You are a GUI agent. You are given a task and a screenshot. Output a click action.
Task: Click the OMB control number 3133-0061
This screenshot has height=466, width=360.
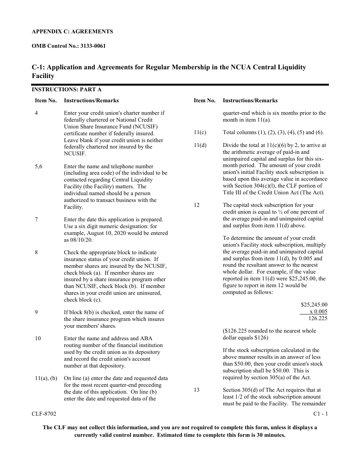point(92,46)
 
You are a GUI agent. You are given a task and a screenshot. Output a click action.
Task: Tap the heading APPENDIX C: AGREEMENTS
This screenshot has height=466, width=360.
point(72,31)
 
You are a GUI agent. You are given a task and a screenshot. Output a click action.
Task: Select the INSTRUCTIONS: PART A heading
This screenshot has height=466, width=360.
point(66,90)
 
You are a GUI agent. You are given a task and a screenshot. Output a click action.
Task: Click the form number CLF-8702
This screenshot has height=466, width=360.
point(44,414)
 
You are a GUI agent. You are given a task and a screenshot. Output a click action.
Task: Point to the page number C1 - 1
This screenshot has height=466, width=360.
point(321,414)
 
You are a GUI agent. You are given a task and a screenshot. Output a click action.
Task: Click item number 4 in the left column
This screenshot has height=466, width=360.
point(36,113)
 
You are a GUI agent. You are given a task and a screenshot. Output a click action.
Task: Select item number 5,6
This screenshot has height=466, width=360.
point(38,166)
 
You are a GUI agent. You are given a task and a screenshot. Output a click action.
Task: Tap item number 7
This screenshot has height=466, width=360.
point(36,219)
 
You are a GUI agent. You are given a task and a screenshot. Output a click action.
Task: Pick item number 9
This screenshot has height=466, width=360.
point(36,312)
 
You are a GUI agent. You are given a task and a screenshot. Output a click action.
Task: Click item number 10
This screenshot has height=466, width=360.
point(38,338)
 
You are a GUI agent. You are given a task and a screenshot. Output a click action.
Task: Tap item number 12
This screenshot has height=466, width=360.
point(196,205)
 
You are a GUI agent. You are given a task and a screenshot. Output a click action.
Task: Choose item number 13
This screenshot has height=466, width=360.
point(196,390)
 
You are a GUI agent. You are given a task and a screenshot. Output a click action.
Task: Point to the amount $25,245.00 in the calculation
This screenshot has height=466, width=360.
point(314,305)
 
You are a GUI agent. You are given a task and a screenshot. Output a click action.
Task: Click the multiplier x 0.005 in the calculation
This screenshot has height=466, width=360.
point(318,311)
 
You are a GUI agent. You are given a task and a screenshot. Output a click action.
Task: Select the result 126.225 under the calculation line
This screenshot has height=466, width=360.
point(318,318)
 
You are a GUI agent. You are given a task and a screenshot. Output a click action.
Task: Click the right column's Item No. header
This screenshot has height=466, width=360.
point(205,100)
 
